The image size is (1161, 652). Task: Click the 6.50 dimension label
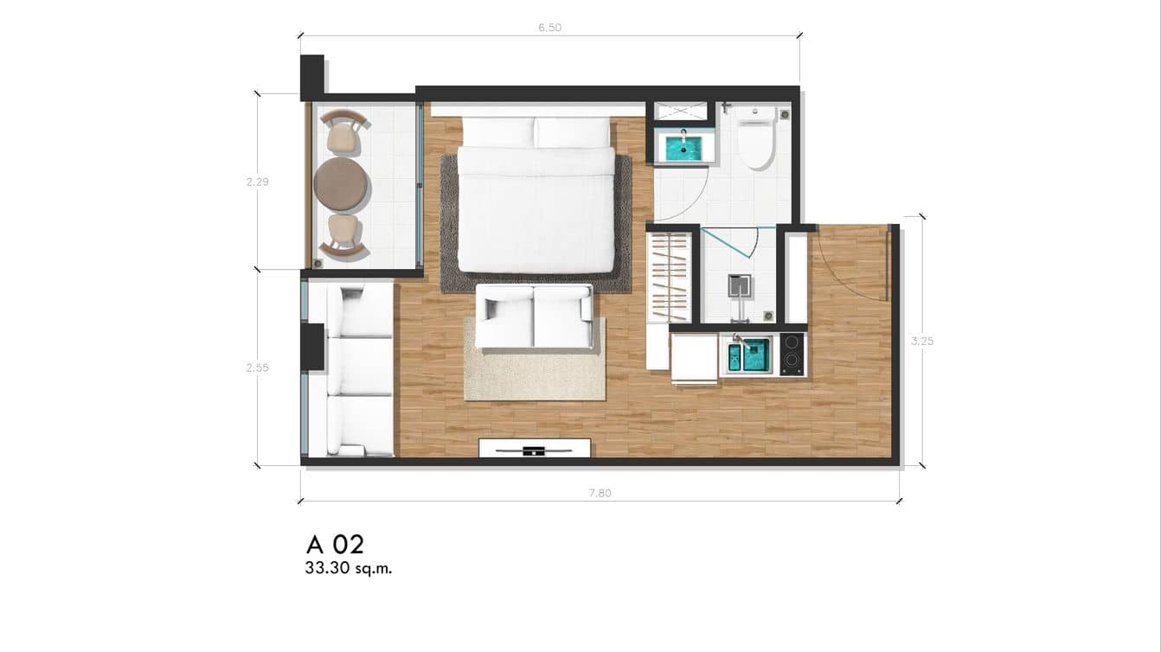(549, 28)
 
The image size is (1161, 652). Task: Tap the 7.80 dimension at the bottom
(600, 493)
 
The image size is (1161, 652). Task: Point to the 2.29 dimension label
(257, 182)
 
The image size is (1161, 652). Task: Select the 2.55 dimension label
(257, 368)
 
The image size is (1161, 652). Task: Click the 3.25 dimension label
(922, 341)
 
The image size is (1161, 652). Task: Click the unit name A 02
(335, 545)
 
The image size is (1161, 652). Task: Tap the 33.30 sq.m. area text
(348, 569)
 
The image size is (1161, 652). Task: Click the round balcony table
(340, 183)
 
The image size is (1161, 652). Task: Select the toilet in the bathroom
(756, 138)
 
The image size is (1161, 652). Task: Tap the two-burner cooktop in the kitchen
(792, 354)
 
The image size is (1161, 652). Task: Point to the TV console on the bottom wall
(535, 448)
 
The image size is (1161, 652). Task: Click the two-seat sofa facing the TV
(534, 316)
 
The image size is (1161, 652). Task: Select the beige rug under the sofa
(535, 372)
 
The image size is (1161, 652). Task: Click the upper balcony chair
(343, 132)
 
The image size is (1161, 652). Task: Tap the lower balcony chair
(343, 236)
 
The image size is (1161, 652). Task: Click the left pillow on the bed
(497, 131)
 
